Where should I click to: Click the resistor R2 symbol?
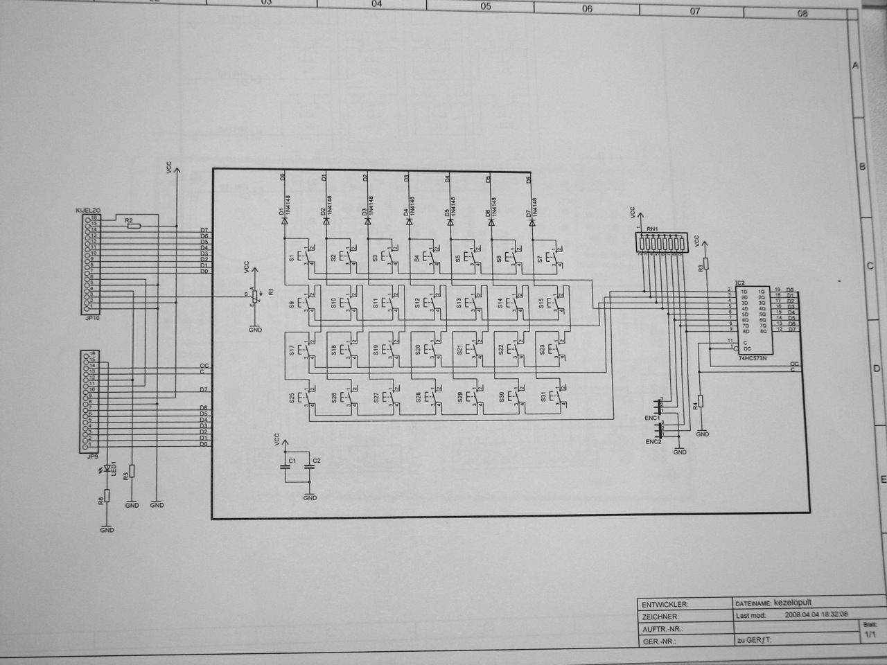pos(133,226)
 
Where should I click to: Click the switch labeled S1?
pos(303,257)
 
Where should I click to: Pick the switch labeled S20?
pos(428,351)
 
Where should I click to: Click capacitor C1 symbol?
pos(284,467)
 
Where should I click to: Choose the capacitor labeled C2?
pos(309,467)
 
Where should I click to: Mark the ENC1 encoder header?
pos(658,405)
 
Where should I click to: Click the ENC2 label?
pos(653,441)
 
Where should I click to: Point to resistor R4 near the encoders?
pos(701,400)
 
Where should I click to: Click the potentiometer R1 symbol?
pos(254,296)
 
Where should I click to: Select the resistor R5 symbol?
pos(132,472)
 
